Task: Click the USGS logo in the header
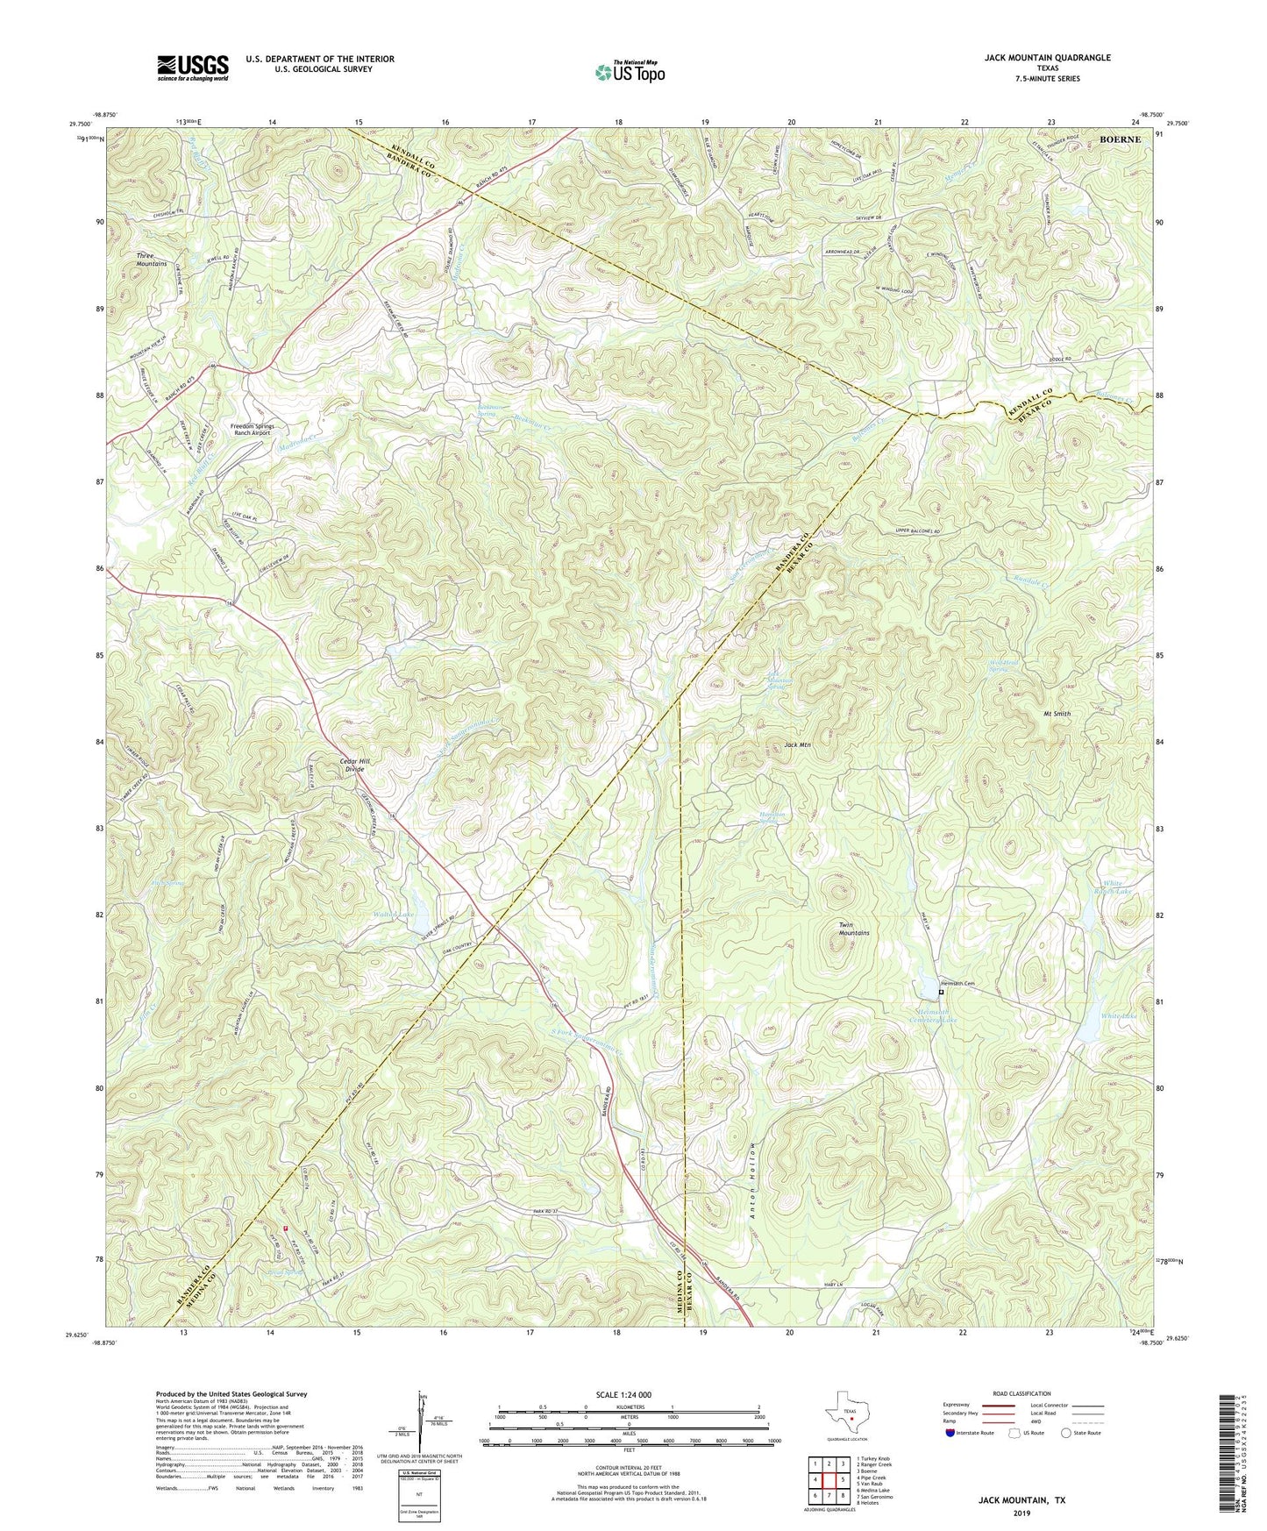pyautogui.click(x=193, y=67)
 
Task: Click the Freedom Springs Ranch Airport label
pyautogui.click(x=253, y=430)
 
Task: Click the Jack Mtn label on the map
pyautogui.click(x=797, y=745)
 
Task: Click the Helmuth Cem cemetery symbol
pyautogui.click(x=942, y=992)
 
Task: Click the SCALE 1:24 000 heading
pyautogui.click(x=629, y=1395)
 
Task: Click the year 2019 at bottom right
pyautogui.click(x=1021, y=1513)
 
